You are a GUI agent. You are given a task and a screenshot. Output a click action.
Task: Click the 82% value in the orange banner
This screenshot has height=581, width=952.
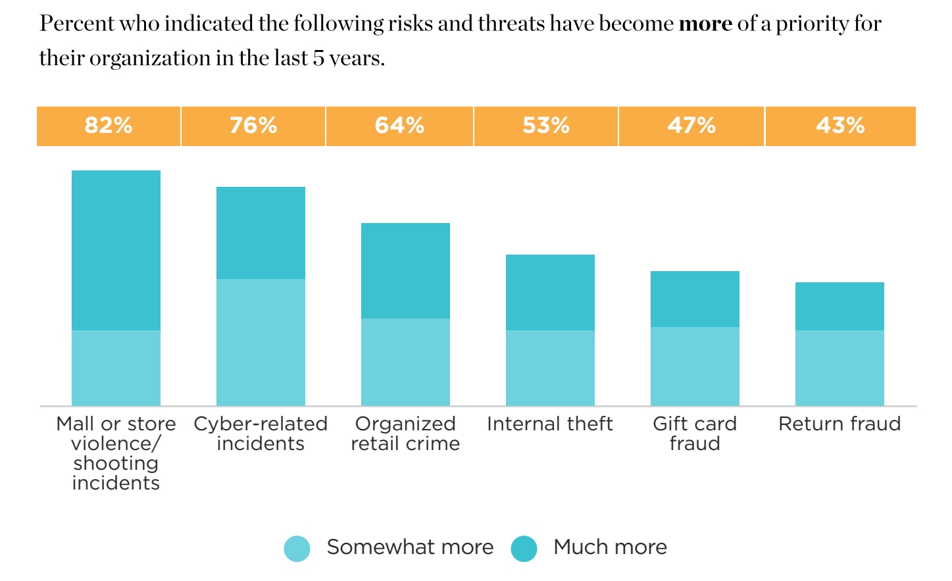point(109,125)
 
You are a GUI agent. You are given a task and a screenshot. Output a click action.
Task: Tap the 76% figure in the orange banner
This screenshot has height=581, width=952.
point(253,125)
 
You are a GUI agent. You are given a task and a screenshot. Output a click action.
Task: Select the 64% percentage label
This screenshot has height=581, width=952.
point(399,125)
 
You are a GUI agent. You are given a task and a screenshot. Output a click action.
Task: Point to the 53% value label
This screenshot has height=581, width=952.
point(546,125)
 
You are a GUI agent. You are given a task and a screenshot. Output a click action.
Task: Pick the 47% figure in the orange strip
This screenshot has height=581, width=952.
point(691,125)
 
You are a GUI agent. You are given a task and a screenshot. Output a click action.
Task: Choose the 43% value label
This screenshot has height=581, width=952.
point(840,125)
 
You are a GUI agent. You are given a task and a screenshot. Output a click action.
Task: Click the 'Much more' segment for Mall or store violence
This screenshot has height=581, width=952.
point(116,250)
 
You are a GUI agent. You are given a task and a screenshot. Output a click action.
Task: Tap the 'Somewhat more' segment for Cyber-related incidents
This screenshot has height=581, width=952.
point(261,342)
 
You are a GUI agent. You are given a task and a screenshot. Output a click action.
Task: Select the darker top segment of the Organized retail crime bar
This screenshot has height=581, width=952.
point(405,270)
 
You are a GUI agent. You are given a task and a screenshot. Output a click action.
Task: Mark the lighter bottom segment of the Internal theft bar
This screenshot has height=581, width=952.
point(550,368)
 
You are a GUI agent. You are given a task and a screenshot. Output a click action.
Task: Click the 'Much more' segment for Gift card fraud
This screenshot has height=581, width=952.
point(695,299)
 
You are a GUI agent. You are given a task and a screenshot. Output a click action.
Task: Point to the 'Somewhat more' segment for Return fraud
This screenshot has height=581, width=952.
point(839,368)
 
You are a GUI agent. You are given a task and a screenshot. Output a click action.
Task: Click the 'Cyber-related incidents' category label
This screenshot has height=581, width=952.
point(261,434)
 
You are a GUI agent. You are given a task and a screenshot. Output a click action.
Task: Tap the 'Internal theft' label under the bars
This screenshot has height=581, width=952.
point(550,424)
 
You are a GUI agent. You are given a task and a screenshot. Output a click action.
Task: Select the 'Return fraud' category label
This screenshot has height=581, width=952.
point(839,424)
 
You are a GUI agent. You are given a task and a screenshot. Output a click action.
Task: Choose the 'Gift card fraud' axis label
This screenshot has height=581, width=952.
point(695,434)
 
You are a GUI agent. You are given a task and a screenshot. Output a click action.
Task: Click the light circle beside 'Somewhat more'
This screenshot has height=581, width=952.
point(297,549)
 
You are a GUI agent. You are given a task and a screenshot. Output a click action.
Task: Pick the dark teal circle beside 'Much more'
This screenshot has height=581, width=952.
point(524,549)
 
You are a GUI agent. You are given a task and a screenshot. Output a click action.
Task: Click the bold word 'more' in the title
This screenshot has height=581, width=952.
point(705,24)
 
